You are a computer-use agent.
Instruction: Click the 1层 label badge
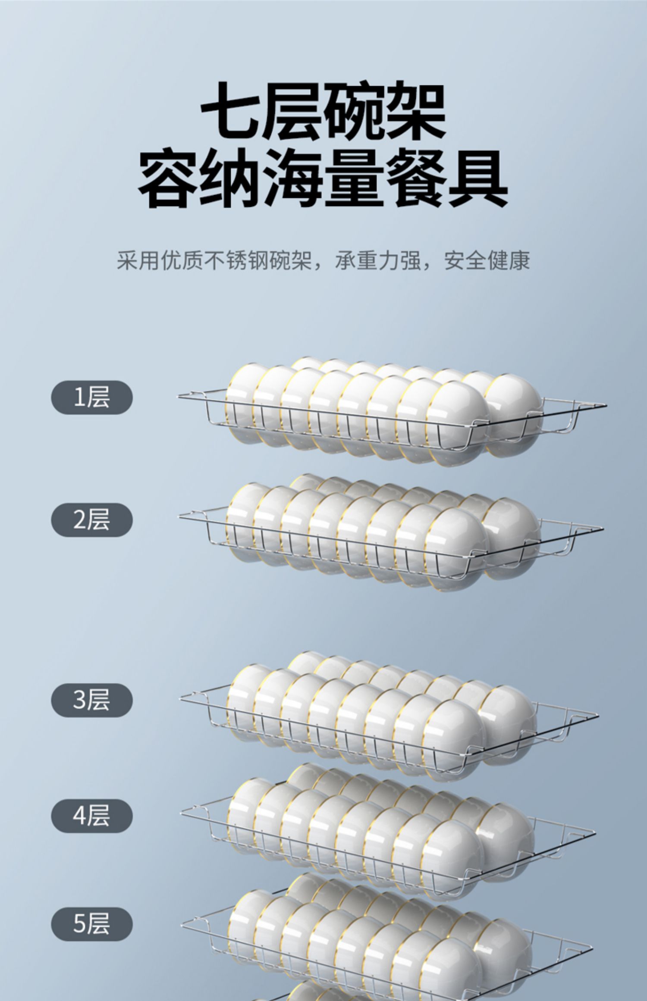click(92, 397)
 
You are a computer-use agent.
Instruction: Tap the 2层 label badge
click(92, 519)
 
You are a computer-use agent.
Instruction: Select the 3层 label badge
click(92, 700)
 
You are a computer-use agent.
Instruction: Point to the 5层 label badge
click(92, 924)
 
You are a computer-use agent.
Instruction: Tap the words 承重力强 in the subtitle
click(378, 260)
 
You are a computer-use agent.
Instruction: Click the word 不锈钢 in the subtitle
click(237, 260)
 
